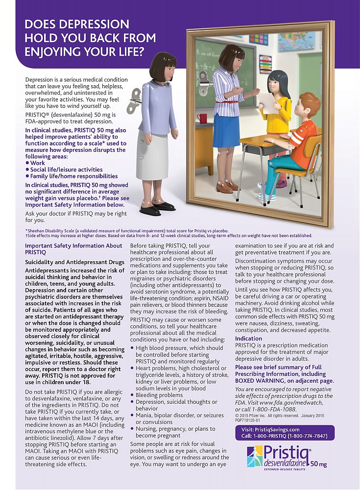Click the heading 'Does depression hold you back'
tap(90, 38)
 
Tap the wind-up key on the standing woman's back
tap(133, 100)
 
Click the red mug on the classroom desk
tap(202, 118)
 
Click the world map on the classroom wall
tap(297, 41)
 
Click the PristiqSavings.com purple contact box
tap(285, 432)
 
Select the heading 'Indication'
tap(248, 339)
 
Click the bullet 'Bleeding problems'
tap(159, 395)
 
